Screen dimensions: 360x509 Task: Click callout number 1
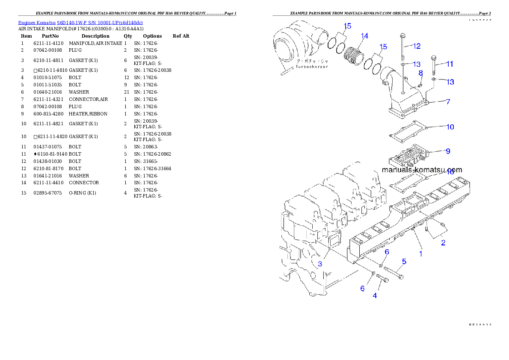pos(420,254)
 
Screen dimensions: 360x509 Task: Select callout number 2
pos(443,243)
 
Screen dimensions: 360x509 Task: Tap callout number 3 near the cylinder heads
pos(320,264)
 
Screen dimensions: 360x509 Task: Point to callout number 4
pos(375,295)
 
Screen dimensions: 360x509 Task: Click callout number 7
pos(448,102)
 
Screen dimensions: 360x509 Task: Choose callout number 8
pos(420,73)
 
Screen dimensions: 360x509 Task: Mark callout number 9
pos(447,151)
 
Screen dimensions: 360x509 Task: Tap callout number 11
pos(450,64)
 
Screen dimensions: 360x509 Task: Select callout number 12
pos(417,46)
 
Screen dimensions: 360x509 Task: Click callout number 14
pos(364,36)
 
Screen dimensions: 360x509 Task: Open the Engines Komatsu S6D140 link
pos(80,22)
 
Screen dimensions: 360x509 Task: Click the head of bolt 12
pos(402,35)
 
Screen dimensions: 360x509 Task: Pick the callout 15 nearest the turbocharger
pos(347,26)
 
